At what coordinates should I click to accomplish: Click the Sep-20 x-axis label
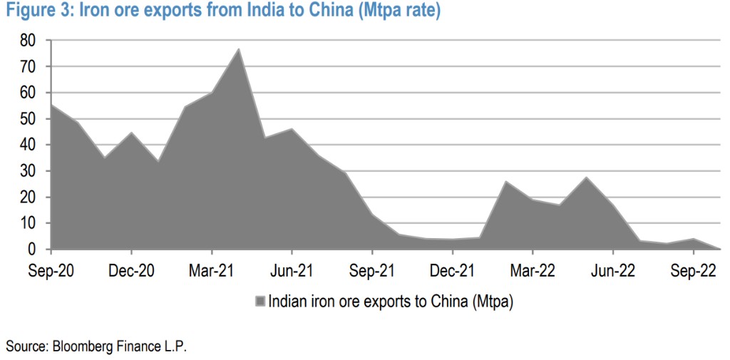[x=51, y=272]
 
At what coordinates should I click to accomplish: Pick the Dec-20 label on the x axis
[x=131, y=272]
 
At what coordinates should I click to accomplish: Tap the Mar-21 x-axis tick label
[x=212, y=272]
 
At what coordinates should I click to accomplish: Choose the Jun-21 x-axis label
[x=292, y=272]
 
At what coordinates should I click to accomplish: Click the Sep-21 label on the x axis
[x=372, y=272]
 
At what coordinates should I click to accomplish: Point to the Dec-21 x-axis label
[x=452, y=272]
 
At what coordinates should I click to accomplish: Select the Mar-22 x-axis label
[x=533, y=272]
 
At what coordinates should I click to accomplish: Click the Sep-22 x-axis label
[x=693, y=272]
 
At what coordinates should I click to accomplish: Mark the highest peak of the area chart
[x=238, y=49]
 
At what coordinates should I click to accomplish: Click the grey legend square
[x=260, y=301]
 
